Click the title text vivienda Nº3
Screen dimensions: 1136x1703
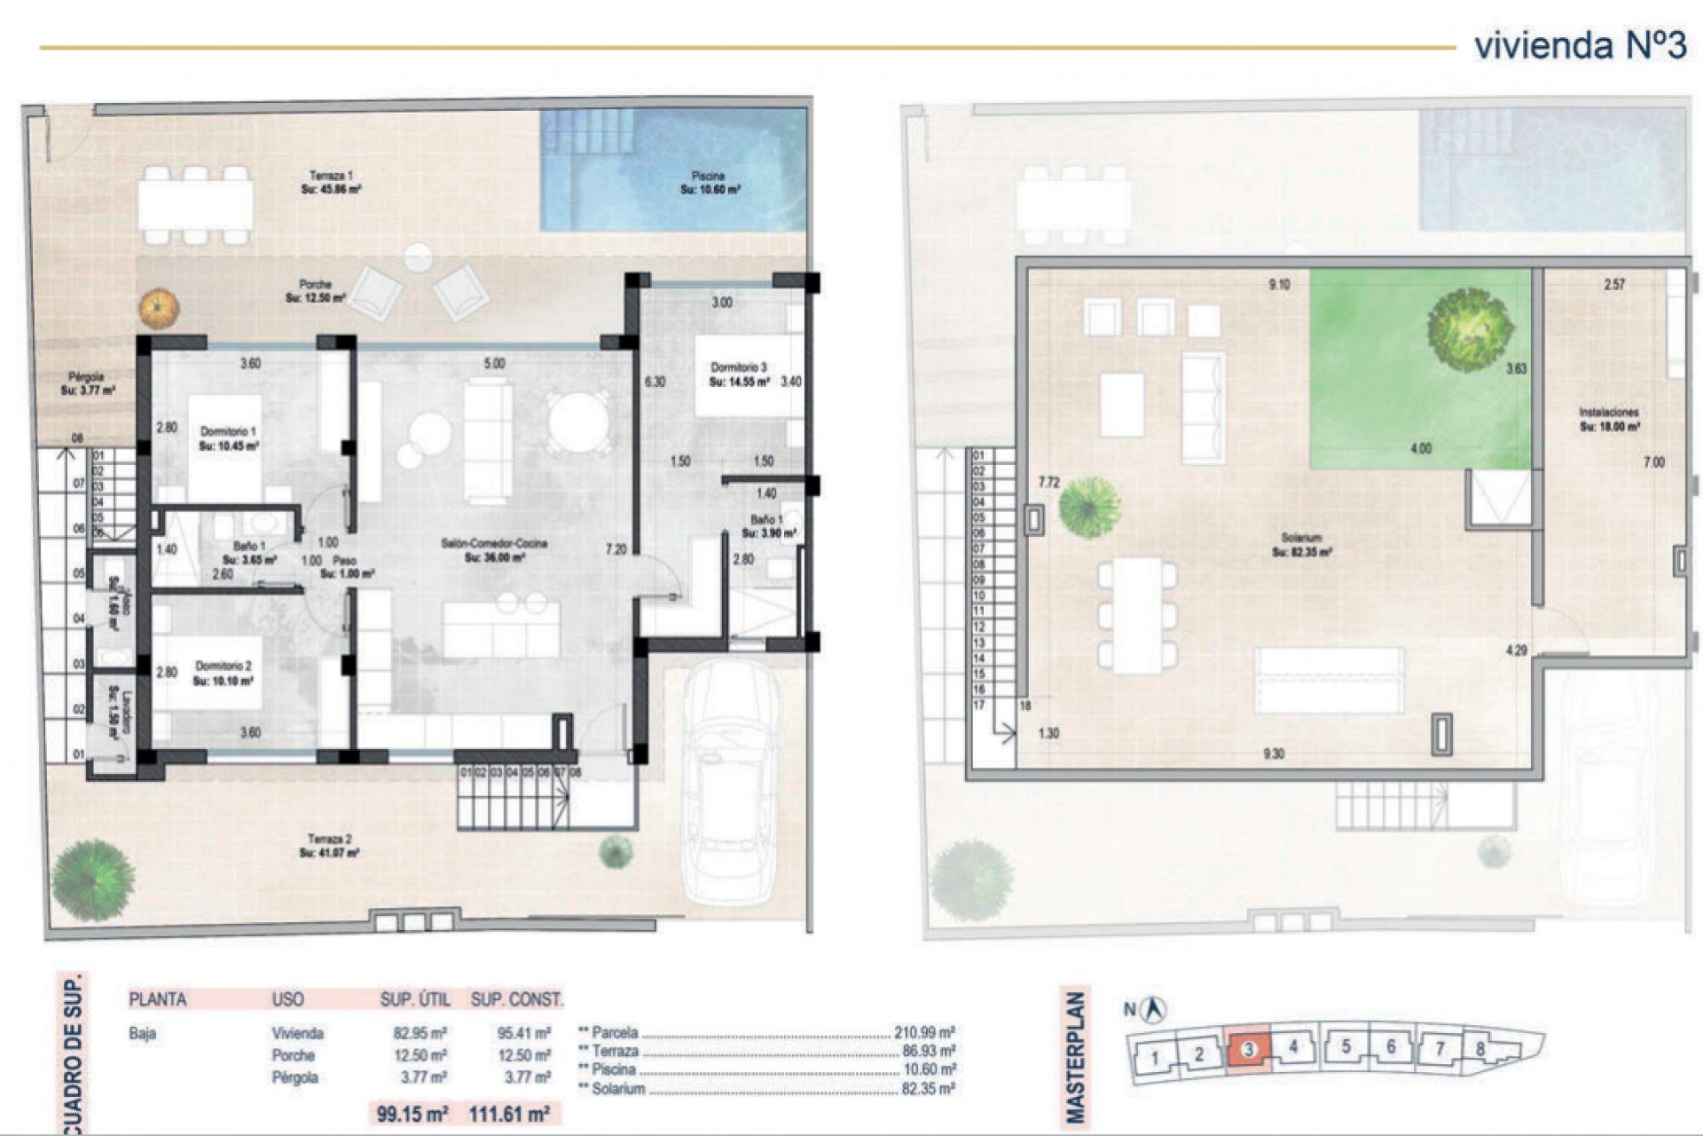pos(1580,45)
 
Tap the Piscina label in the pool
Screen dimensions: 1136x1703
pos(710,183)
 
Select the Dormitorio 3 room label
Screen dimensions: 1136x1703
pos(739,374)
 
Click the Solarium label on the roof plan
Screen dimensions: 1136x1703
pos(1301,544)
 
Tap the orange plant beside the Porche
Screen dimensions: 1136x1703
pos(159,308)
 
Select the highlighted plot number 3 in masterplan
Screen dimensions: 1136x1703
pos(1248,1050)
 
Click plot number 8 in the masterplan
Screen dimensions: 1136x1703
pos(1479,1049)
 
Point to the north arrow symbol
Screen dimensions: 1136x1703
pos(1155,1009)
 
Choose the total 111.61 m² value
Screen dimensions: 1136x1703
pos(509,1114)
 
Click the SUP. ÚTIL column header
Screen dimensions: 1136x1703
pos(414,1000)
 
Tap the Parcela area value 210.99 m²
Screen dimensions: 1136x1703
pos(923,1033)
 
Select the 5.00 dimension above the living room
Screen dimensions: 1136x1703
pos(494,364)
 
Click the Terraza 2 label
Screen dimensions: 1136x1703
pos(329,845)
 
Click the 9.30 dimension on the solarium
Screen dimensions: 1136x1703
pos(1273,753)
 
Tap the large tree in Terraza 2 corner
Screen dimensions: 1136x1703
pos(93,879)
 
